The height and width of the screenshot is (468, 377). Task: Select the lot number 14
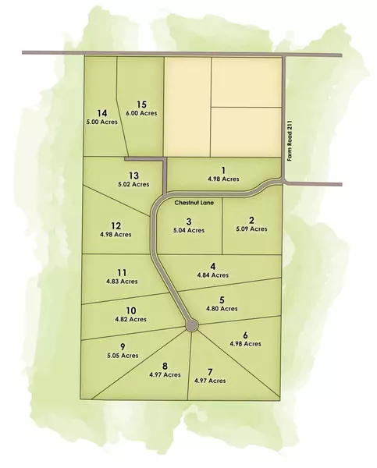(101, 112)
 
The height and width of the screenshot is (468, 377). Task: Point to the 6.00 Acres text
(142, 113)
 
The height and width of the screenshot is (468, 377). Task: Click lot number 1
(222, 170)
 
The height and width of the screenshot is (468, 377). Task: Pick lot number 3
(189, 221)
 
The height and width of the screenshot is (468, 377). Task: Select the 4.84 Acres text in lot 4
(212, 275)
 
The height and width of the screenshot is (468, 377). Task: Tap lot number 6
(245, 335)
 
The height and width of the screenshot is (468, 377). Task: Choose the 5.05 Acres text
(123, 356)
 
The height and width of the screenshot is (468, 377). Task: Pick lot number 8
(165, 365)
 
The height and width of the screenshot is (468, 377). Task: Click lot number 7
(210, 371)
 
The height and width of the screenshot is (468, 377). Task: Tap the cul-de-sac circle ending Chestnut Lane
(190, 326)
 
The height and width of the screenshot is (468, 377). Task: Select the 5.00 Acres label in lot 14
(101, 122)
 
